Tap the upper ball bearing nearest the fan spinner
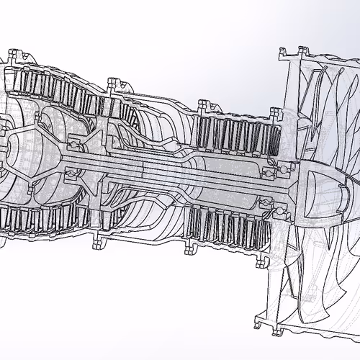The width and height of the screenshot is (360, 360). [x=271, y=170]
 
